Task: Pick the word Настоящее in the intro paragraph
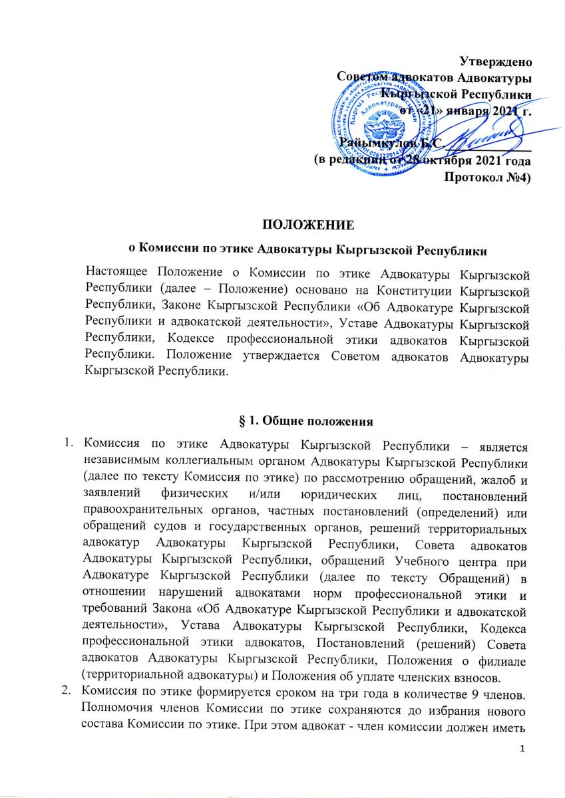click(118, 273)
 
